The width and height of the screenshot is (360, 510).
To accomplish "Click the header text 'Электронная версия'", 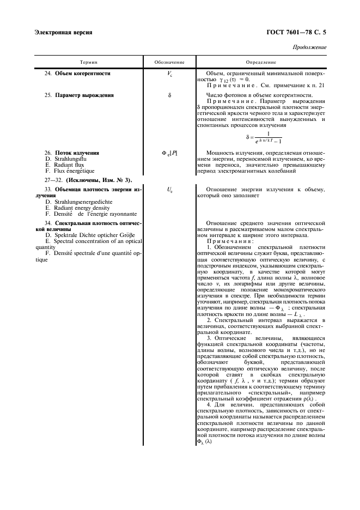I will click(63, 32).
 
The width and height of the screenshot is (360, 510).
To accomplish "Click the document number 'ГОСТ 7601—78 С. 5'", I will click(296, 32).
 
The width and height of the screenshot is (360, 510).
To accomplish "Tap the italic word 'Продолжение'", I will click(309, 47).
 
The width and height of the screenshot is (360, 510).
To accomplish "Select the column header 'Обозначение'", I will click(169, 63).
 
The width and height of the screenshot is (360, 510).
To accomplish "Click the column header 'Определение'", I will click(261, 63).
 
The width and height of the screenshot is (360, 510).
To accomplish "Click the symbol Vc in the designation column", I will click(169, 74).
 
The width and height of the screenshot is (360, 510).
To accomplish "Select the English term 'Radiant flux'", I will click(68, 165).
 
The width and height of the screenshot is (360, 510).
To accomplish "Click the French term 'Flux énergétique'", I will click(72, 171).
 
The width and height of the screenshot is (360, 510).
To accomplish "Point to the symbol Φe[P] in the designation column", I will click(169, 154).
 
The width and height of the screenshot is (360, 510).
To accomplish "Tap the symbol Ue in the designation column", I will click(169, 190).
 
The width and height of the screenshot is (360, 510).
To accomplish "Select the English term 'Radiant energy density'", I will click(81, 208).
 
